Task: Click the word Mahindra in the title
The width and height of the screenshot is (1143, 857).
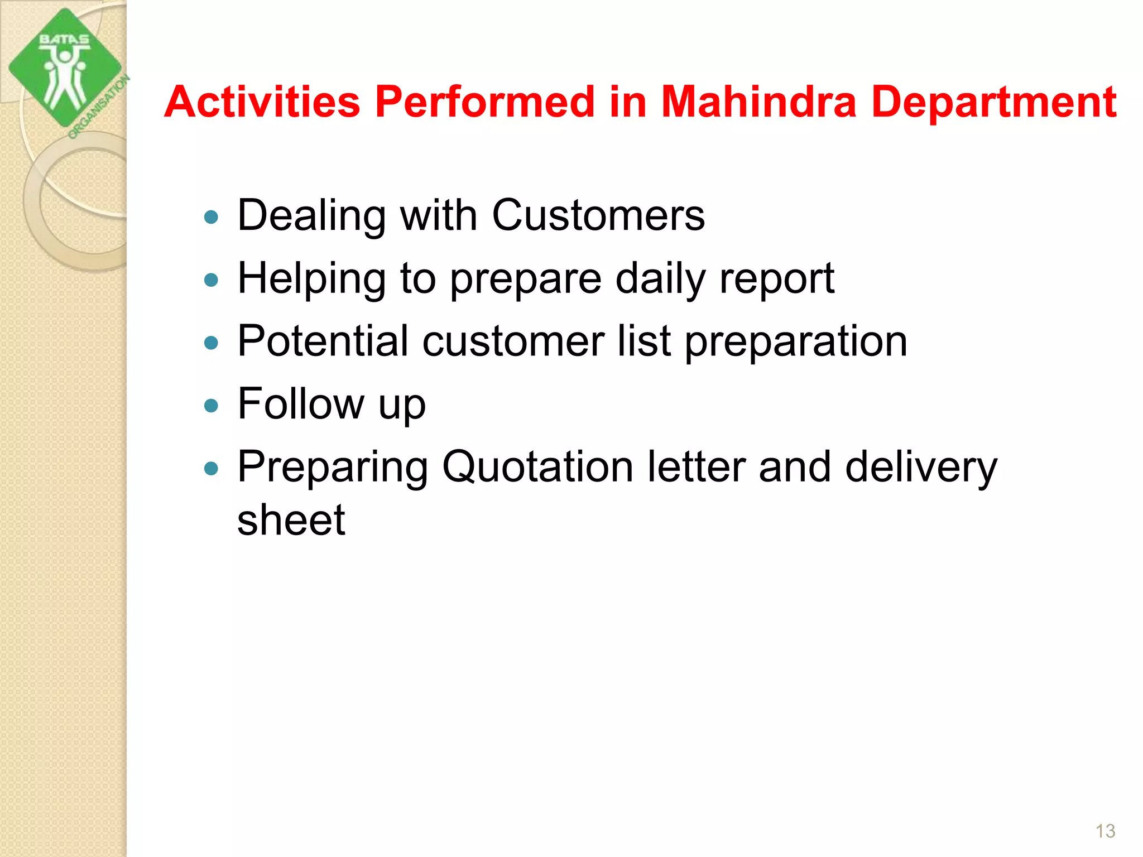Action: tap(758, 102)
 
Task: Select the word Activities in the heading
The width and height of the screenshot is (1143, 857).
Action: tap(262, 102)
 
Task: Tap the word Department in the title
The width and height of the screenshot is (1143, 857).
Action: tap(993, 103)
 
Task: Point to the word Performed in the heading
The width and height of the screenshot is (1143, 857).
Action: tap(484, 102)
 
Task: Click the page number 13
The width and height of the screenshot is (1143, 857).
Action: tap(1105, 831)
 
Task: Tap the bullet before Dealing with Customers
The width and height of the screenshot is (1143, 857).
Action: tap(211, 217)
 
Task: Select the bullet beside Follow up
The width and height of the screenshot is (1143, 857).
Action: tap(211, 406)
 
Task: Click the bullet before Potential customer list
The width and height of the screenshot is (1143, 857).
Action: tap(211, 343)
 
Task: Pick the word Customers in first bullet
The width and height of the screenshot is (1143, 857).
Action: tap(598, 215)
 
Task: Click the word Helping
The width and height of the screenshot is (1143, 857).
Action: tap(311, 279)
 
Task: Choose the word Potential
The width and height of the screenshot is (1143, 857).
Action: tap(323, 341)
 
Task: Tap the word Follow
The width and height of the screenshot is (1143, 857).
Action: tap(300, 403)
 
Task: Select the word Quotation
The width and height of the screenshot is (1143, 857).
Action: tap(537, 467)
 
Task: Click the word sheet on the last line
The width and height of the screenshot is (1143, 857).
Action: tap(291, 520)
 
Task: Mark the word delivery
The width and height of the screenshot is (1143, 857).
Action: tap(920, 467)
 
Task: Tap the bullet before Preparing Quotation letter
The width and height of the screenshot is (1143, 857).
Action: tap(211, 468)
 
